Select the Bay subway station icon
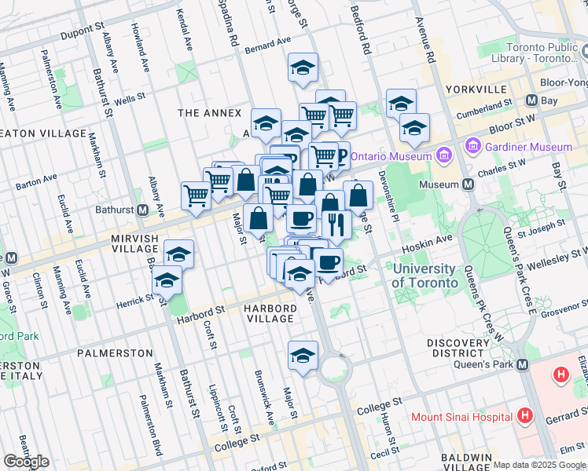[x=532, y=100]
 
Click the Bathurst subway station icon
[x=143, y=210]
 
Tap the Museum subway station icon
[x=469, y=184]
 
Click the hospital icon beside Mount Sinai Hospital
[x=527, y=415]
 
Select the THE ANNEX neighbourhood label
[x=209, y=113]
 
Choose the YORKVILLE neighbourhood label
[x=472, y=89]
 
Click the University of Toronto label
[x=424, y=276]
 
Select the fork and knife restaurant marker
[x=336, y=225]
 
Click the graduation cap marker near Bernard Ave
[x=303, y=68]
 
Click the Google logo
[x=26, y=462]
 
